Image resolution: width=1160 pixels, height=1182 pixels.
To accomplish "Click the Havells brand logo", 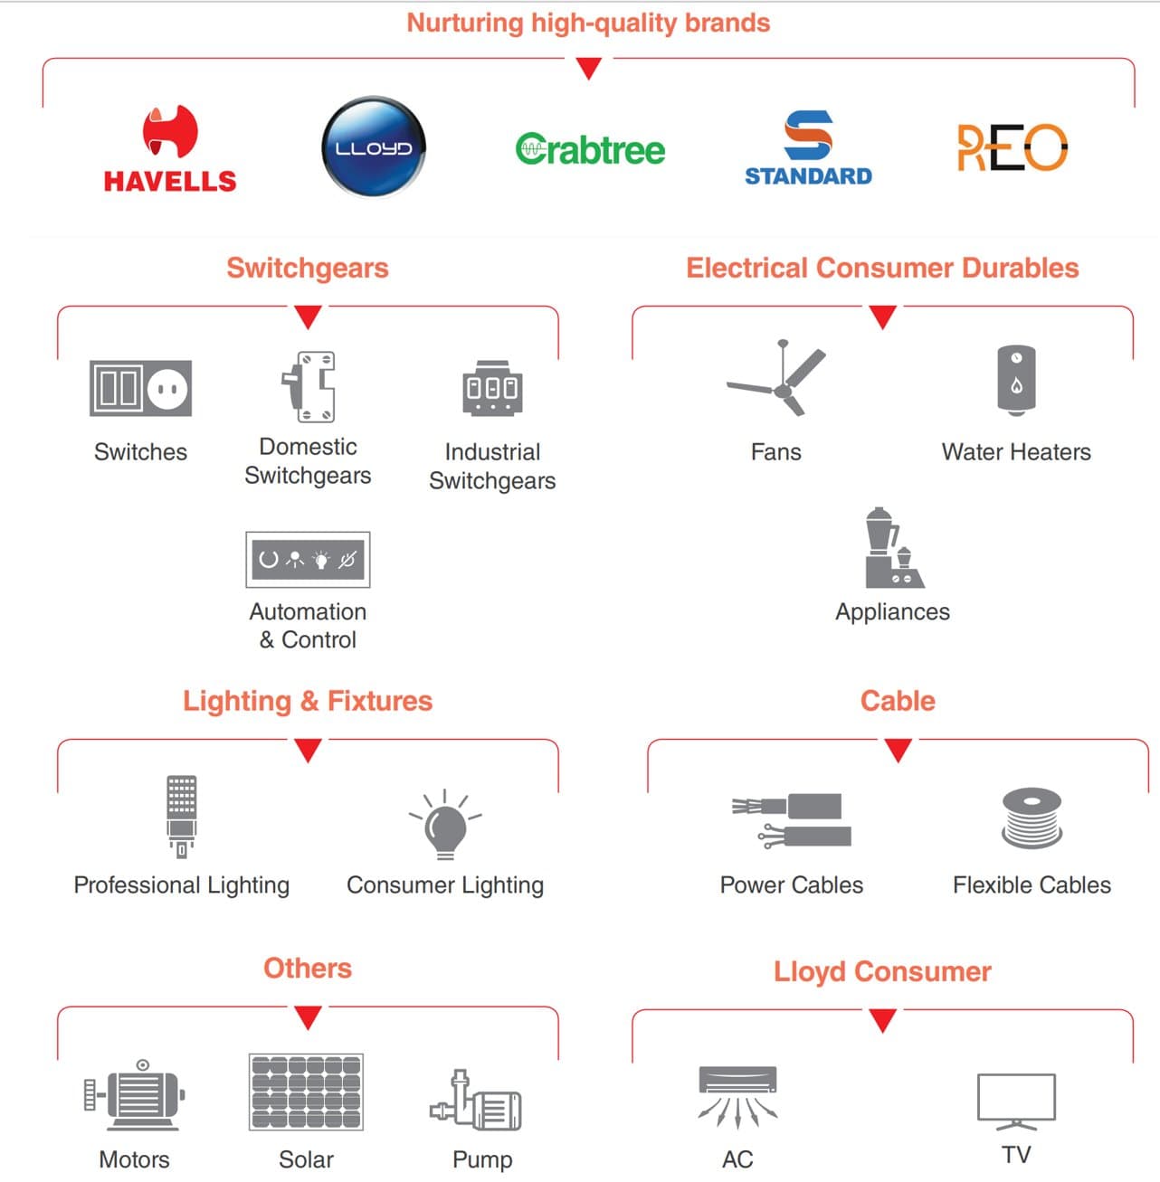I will coord(170,149).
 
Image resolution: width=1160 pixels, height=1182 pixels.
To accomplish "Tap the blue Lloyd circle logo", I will coord(374,147).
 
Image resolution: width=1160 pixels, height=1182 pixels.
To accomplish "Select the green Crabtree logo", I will coord(590,149).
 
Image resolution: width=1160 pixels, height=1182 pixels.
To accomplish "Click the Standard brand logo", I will coord(808,148).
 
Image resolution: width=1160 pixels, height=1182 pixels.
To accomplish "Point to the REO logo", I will coord(1013,147).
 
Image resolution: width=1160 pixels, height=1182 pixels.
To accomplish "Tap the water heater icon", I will coord(1016,381).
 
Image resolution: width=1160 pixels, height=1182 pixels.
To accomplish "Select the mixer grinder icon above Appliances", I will coord(892,548).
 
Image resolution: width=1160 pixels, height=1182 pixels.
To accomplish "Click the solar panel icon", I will coord(306,1092).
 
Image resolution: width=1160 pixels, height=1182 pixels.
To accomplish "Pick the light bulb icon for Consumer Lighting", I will coord(445,824).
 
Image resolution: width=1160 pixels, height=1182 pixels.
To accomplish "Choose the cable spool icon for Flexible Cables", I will coord(1032,818).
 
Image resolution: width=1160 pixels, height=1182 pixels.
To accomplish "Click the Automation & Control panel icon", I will coord(308,560).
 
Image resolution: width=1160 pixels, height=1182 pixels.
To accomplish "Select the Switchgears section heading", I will coord(308,268).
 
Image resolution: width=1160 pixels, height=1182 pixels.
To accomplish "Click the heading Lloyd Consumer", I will coord(882,971).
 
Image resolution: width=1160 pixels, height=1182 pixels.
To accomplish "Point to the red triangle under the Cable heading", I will coord(898,750).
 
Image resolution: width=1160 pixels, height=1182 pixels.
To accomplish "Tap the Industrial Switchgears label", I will coord(492,467).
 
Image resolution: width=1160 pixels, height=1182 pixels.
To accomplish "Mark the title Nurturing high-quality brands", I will coord(588,23).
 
